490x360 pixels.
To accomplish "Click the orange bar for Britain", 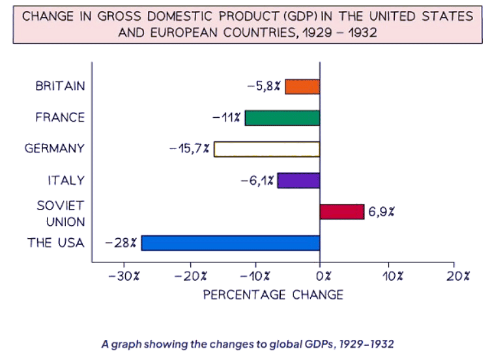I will click(302, 86).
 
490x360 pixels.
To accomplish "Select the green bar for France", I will click(282, 118).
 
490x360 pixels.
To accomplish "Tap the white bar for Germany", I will click(267, 149).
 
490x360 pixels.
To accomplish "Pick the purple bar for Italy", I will click(298, 180).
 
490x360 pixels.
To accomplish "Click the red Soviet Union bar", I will click(341, 212).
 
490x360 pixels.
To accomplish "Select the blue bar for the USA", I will click(231, 243).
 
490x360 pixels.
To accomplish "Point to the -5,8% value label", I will click(264, 86).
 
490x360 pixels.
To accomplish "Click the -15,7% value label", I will click(189, 149).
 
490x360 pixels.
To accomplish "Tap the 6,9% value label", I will click(382, 212).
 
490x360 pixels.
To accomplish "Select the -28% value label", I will click(121, 243).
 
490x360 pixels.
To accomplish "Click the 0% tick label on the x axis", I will click(320, 275).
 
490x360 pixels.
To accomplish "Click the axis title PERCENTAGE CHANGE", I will click(273, 295).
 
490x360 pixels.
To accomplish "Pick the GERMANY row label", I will click(55, 149).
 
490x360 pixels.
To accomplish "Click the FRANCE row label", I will click(60, 118).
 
